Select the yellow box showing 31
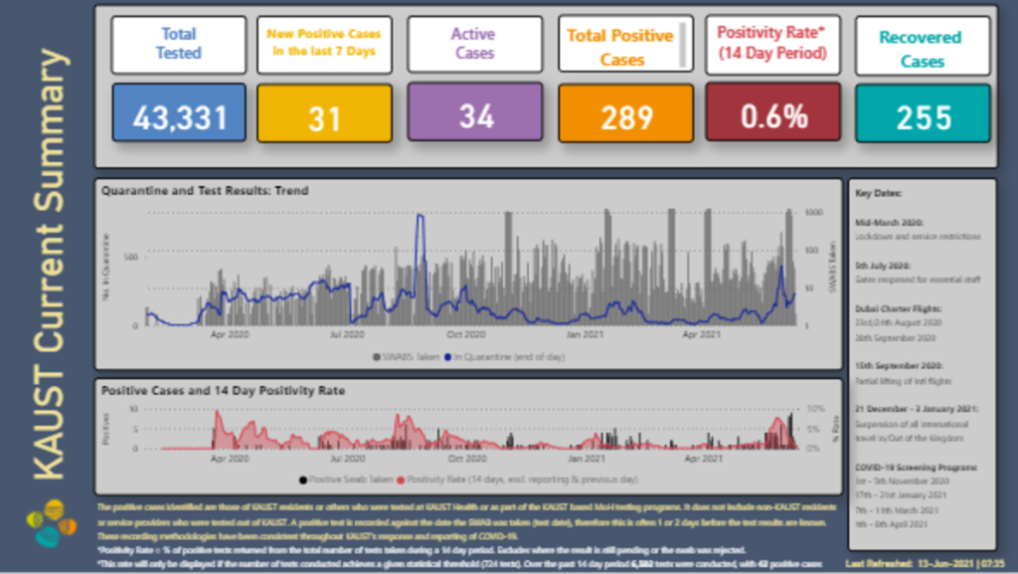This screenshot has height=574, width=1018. coord(324,116)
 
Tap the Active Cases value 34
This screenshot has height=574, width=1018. coord(476,115)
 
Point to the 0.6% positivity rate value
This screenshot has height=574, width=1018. coord(774,115)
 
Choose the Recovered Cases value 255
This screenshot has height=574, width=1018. coord(924,116)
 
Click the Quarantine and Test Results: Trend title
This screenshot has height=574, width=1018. coord(205,190)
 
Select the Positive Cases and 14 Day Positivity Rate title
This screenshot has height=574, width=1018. coord(224,390)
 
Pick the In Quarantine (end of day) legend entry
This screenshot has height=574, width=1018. coord(504,355)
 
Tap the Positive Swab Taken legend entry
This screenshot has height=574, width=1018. coord(345,479)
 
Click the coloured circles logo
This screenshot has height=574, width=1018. coord(49,521)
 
